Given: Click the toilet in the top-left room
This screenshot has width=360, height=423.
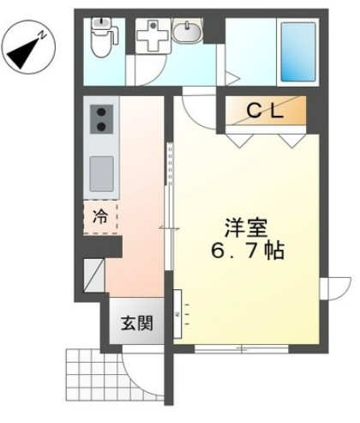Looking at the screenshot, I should point(102,39).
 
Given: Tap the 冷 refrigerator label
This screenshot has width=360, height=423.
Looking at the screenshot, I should point(100,218).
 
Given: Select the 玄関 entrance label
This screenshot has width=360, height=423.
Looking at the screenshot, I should point(136,324).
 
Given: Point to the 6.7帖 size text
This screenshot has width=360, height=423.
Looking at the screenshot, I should point(245,253).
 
